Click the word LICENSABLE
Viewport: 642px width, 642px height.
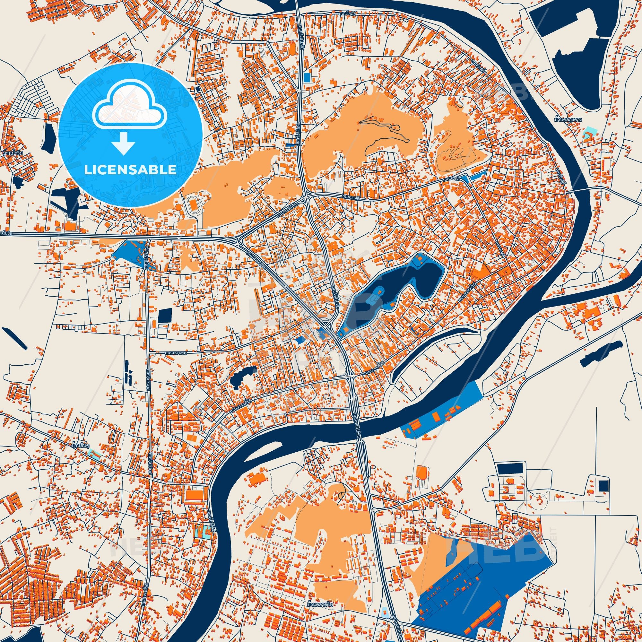tap(130, 170)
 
